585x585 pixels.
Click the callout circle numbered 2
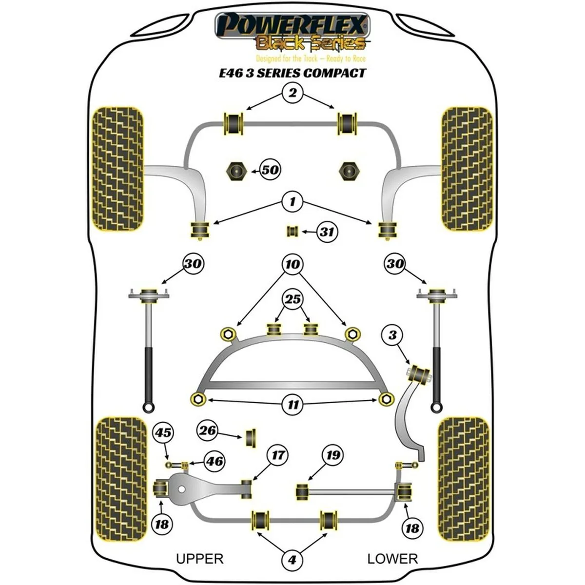[x=292, y=92]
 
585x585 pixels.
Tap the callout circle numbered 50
[x=271, y=170]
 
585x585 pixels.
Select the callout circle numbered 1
[x=292, y=201]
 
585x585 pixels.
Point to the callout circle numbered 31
[x=327, y=232]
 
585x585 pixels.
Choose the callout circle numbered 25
[x=292, y=300]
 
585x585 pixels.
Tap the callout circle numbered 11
[x=292, y=404]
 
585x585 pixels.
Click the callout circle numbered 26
[x=208, y=430]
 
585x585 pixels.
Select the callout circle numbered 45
[x=163, y=432]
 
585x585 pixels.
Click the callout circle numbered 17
[x=277, y=456]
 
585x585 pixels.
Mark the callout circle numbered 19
[x=332, y=456]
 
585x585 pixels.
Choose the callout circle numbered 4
[x=292, y=560]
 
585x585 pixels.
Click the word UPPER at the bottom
[x=199, y=559]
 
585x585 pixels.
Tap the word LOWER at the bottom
[x=392, y=559]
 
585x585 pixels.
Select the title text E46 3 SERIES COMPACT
[x=292, y=73]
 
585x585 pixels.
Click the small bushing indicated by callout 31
[x=293, y=231]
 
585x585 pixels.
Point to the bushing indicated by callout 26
[x=252, y=438]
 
